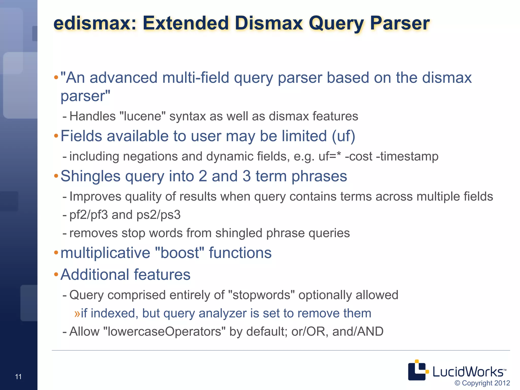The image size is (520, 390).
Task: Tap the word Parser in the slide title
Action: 399,23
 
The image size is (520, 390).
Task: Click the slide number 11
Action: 18,377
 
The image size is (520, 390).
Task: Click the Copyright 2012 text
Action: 482,383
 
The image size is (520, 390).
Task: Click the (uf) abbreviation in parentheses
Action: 343,136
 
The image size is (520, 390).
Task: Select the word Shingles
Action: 90,176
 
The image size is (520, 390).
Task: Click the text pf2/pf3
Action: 89,215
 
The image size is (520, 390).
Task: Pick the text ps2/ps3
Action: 158,215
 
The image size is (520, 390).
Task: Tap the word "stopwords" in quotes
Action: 262,295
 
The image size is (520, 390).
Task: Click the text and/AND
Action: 358,332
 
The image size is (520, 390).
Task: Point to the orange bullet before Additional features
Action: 56,274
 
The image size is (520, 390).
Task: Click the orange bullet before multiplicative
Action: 56,253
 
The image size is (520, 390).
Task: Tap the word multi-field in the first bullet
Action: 196,78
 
